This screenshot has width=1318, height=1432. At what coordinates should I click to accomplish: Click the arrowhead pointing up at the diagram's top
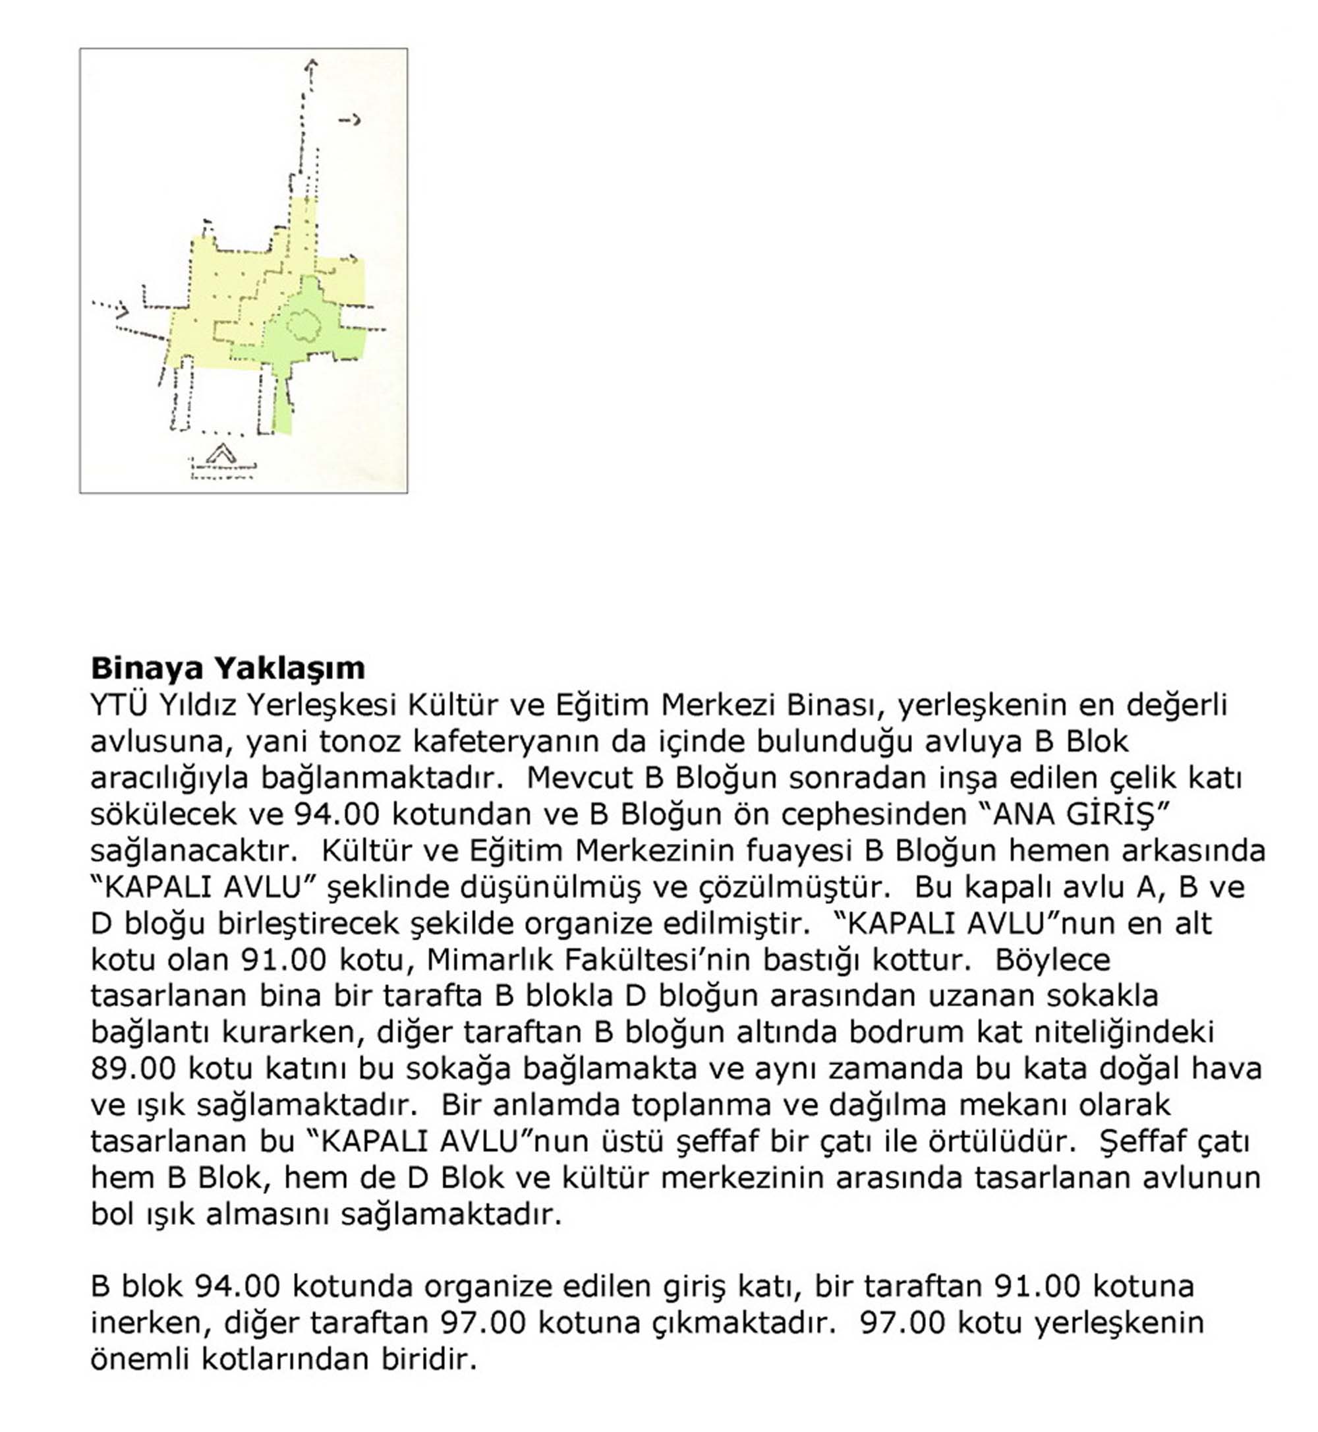tap(310, 66)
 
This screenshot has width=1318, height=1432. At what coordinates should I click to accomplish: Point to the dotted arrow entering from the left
tap(111, 309)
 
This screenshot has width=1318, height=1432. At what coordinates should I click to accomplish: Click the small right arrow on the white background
tap(349, 121)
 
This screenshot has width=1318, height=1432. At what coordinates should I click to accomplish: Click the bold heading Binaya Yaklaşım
tap(227, 669)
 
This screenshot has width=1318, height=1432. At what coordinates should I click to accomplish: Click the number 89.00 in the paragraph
tap(133, 1069)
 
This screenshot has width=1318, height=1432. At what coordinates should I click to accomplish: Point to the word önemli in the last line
tap(138, 1359)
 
